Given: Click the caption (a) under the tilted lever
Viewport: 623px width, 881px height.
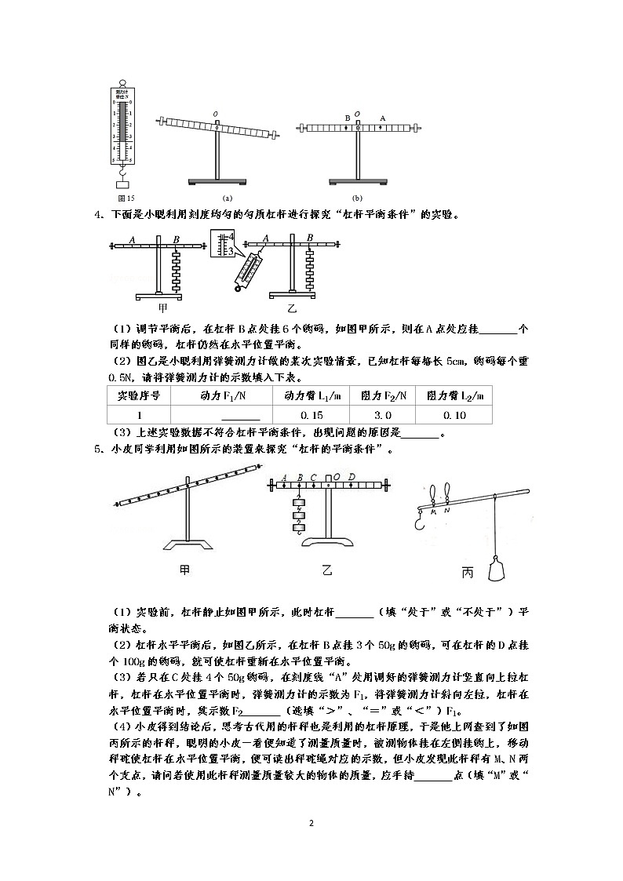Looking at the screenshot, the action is click(x=228, y=198).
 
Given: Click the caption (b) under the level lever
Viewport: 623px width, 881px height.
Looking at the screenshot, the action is click(x=358, y=198).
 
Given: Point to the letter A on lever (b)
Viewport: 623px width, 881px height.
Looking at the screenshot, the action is click(x=382, y=118).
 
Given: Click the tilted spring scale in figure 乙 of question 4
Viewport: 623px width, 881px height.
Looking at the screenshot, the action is click(x=249, y=271).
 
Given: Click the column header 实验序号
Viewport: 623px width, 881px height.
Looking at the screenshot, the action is click(x=138, y=396).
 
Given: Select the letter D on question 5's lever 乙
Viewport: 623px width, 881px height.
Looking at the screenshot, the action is click(x=351, y=476).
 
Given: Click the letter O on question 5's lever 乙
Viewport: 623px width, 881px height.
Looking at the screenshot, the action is click(x=336, y=475).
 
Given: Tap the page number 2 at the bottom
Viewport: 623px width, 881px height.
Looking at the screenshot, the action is click(x=311, y=824).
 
